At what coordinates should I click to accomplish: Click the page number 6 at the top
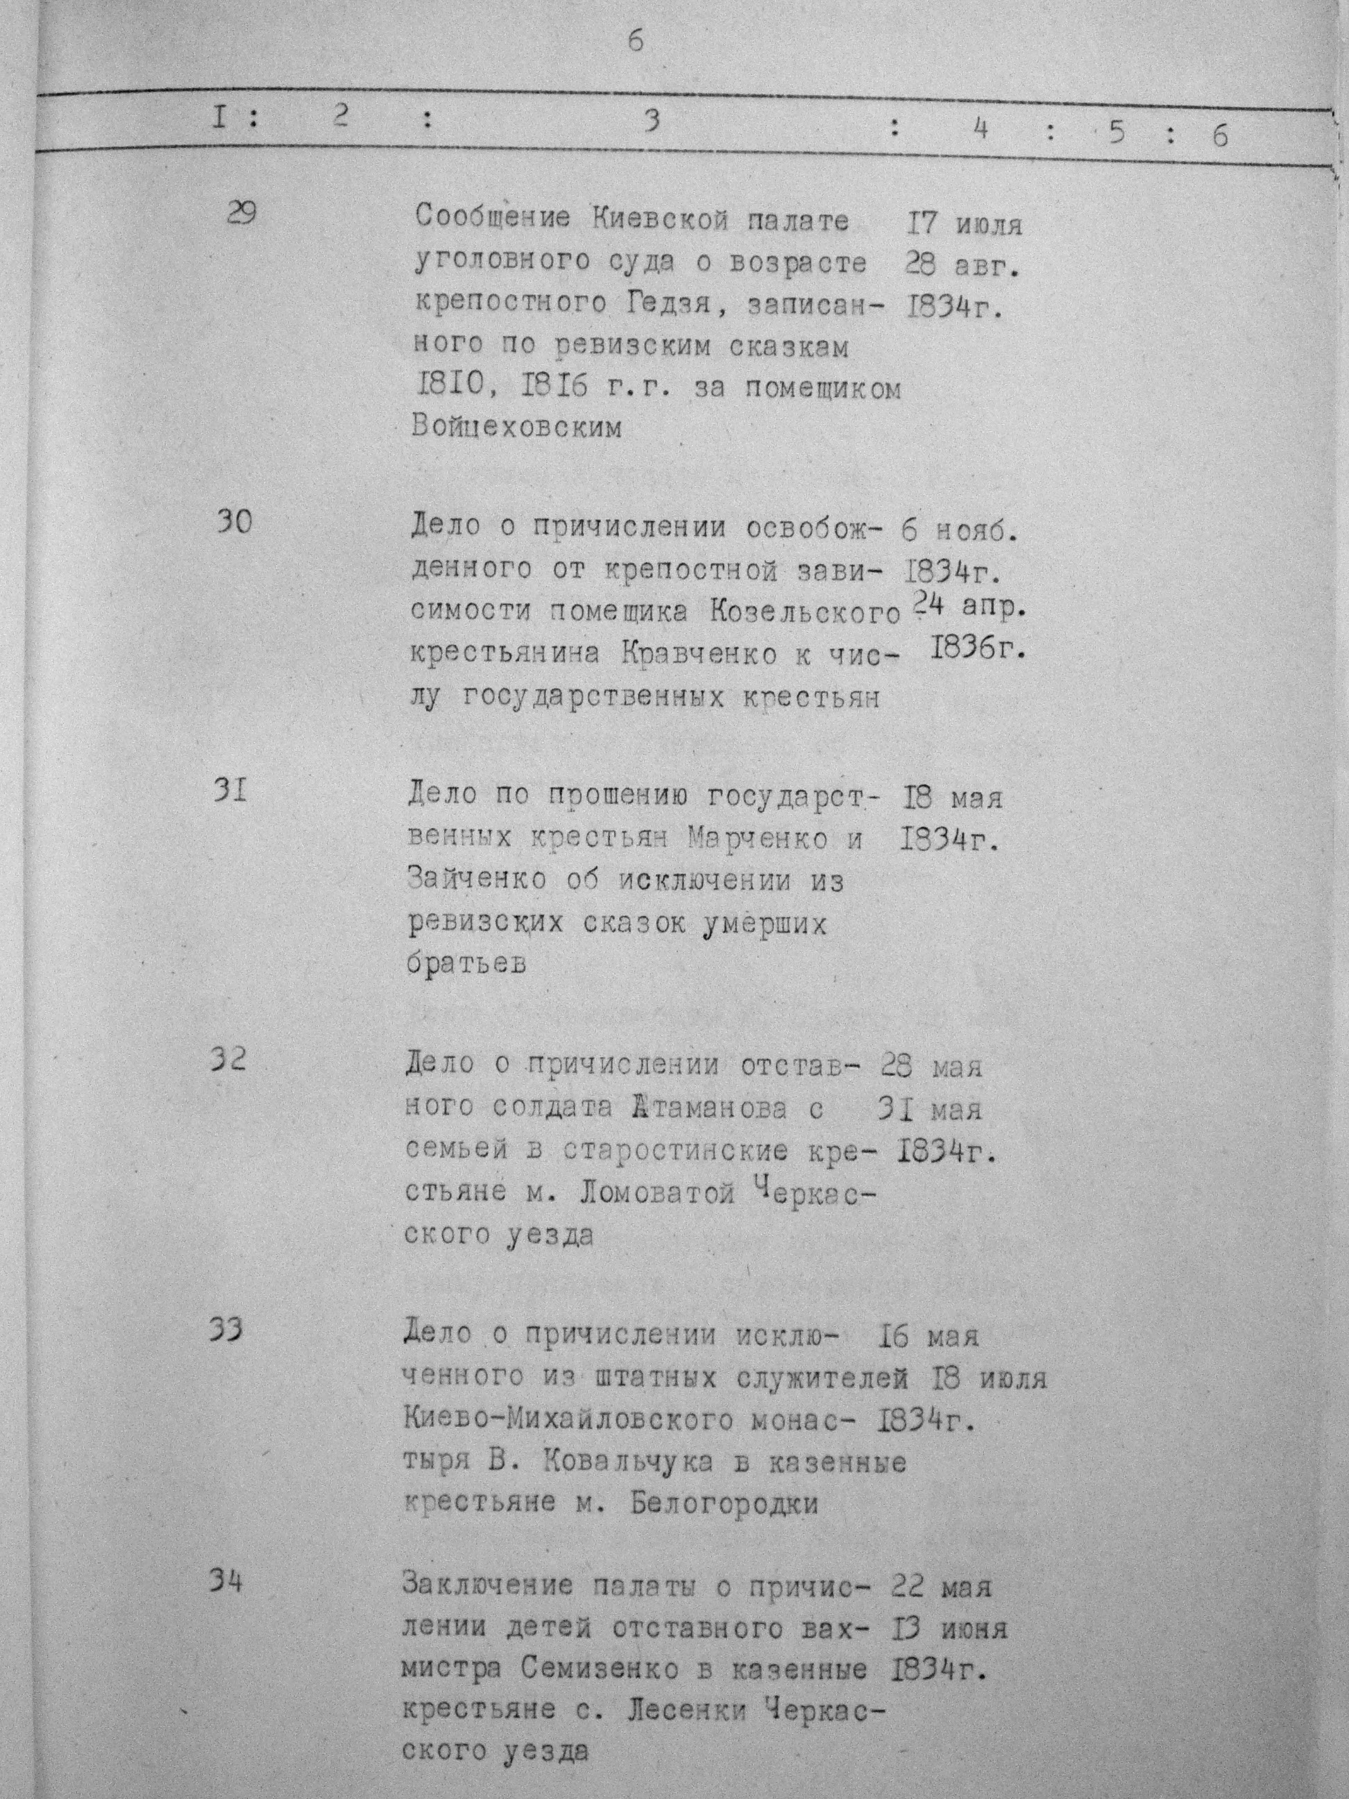(x=635, y=41)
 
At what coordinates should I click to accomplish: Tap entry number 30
(x=234, y=521)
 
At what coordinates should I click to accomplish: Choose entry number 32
(x=228, y=1060)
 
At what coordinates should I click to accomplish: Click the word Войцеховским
(x=516, y=425)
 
